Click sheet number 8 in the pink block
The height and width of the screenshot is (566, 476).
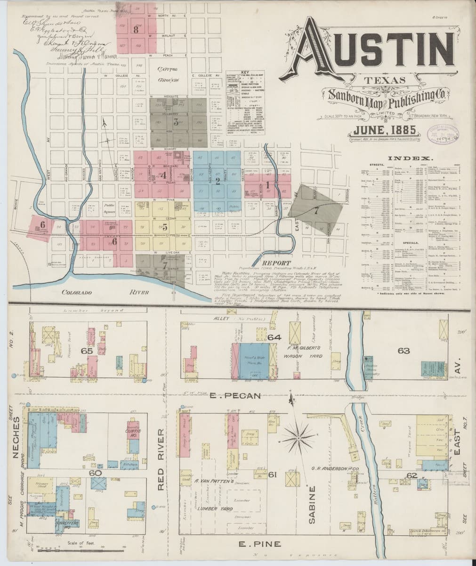pyautogui.click(x=136, y=29)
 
